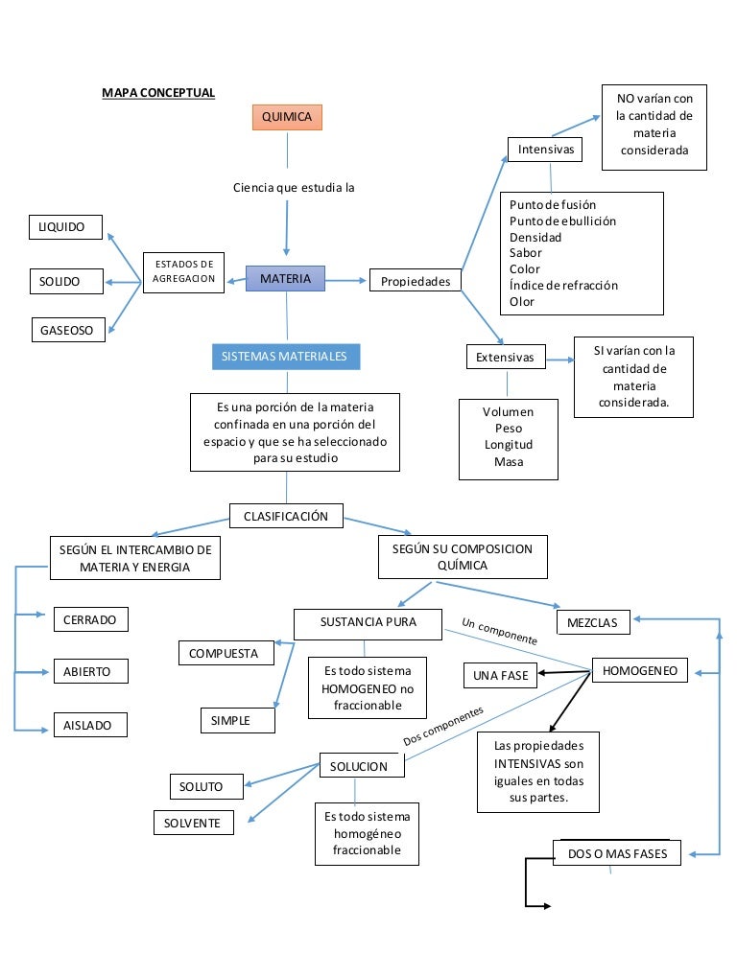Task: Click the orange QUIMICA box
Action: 286,117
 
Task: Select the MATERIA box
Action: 285,279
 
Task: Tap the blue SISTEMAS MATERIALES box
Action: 285,357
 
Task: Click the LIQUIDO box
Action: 63,227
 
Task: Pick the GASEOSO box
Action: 67,330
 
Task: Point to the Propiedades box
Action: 416,282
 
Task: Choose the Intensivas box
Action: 545,150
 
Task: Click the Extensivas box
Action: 505,358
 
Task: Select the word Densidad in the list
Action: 535,237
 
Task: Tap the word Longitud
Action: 509,445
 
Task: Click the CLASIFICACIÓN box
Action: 285,516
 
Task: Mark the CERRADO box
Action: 89,620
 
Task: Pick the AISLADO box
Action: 88,726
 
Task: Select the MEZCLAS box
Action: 592,623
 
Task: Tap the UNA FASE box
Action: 500,675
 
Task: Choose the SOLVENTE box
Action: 192,823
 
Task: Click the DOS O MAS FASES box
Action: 617,853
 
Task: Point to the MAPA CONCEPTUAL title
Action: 158,93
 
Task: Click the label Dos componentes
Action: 443,727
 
